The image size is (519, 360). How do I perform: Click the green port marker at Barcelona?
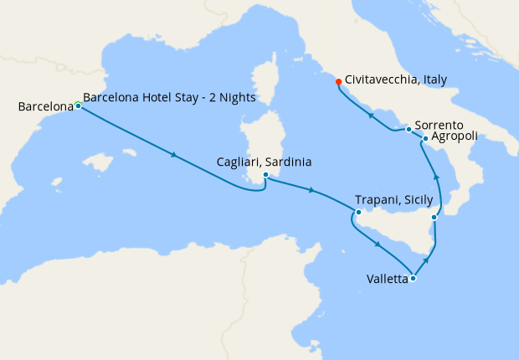(x=78, y=105)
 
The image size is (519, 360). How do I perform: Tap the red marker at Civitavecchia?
(x=338, y=82)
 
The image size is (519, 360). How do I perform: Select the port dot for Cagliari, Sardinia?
(x=265, y=175)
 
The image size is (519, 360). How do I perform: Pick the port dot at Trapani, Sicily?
(x=357, y=212)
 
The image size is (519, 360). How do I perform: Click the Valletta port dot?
(x=413, y=279)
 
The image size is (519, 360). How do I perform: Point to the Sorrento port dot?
(x=409, y=129)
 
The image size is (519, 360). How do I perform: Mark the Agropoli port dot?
(x=425, y=139)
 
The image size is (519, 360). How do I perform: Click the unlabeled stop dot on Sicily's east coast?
(x=434, y=218)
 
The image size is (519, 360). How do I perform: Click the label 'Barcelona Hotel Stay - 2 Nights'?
(x=170, y=97)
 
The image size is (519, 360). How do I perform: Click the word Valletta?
(x=387, y=279)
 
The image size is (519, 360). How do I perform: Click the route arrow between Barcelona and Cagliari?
(x=173, y=155)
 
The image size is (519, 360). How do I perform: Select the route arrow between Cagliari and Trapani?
(x=311, y=191)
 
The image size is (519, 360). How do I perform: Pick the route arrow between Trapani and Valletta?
(x=379, y=244)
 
